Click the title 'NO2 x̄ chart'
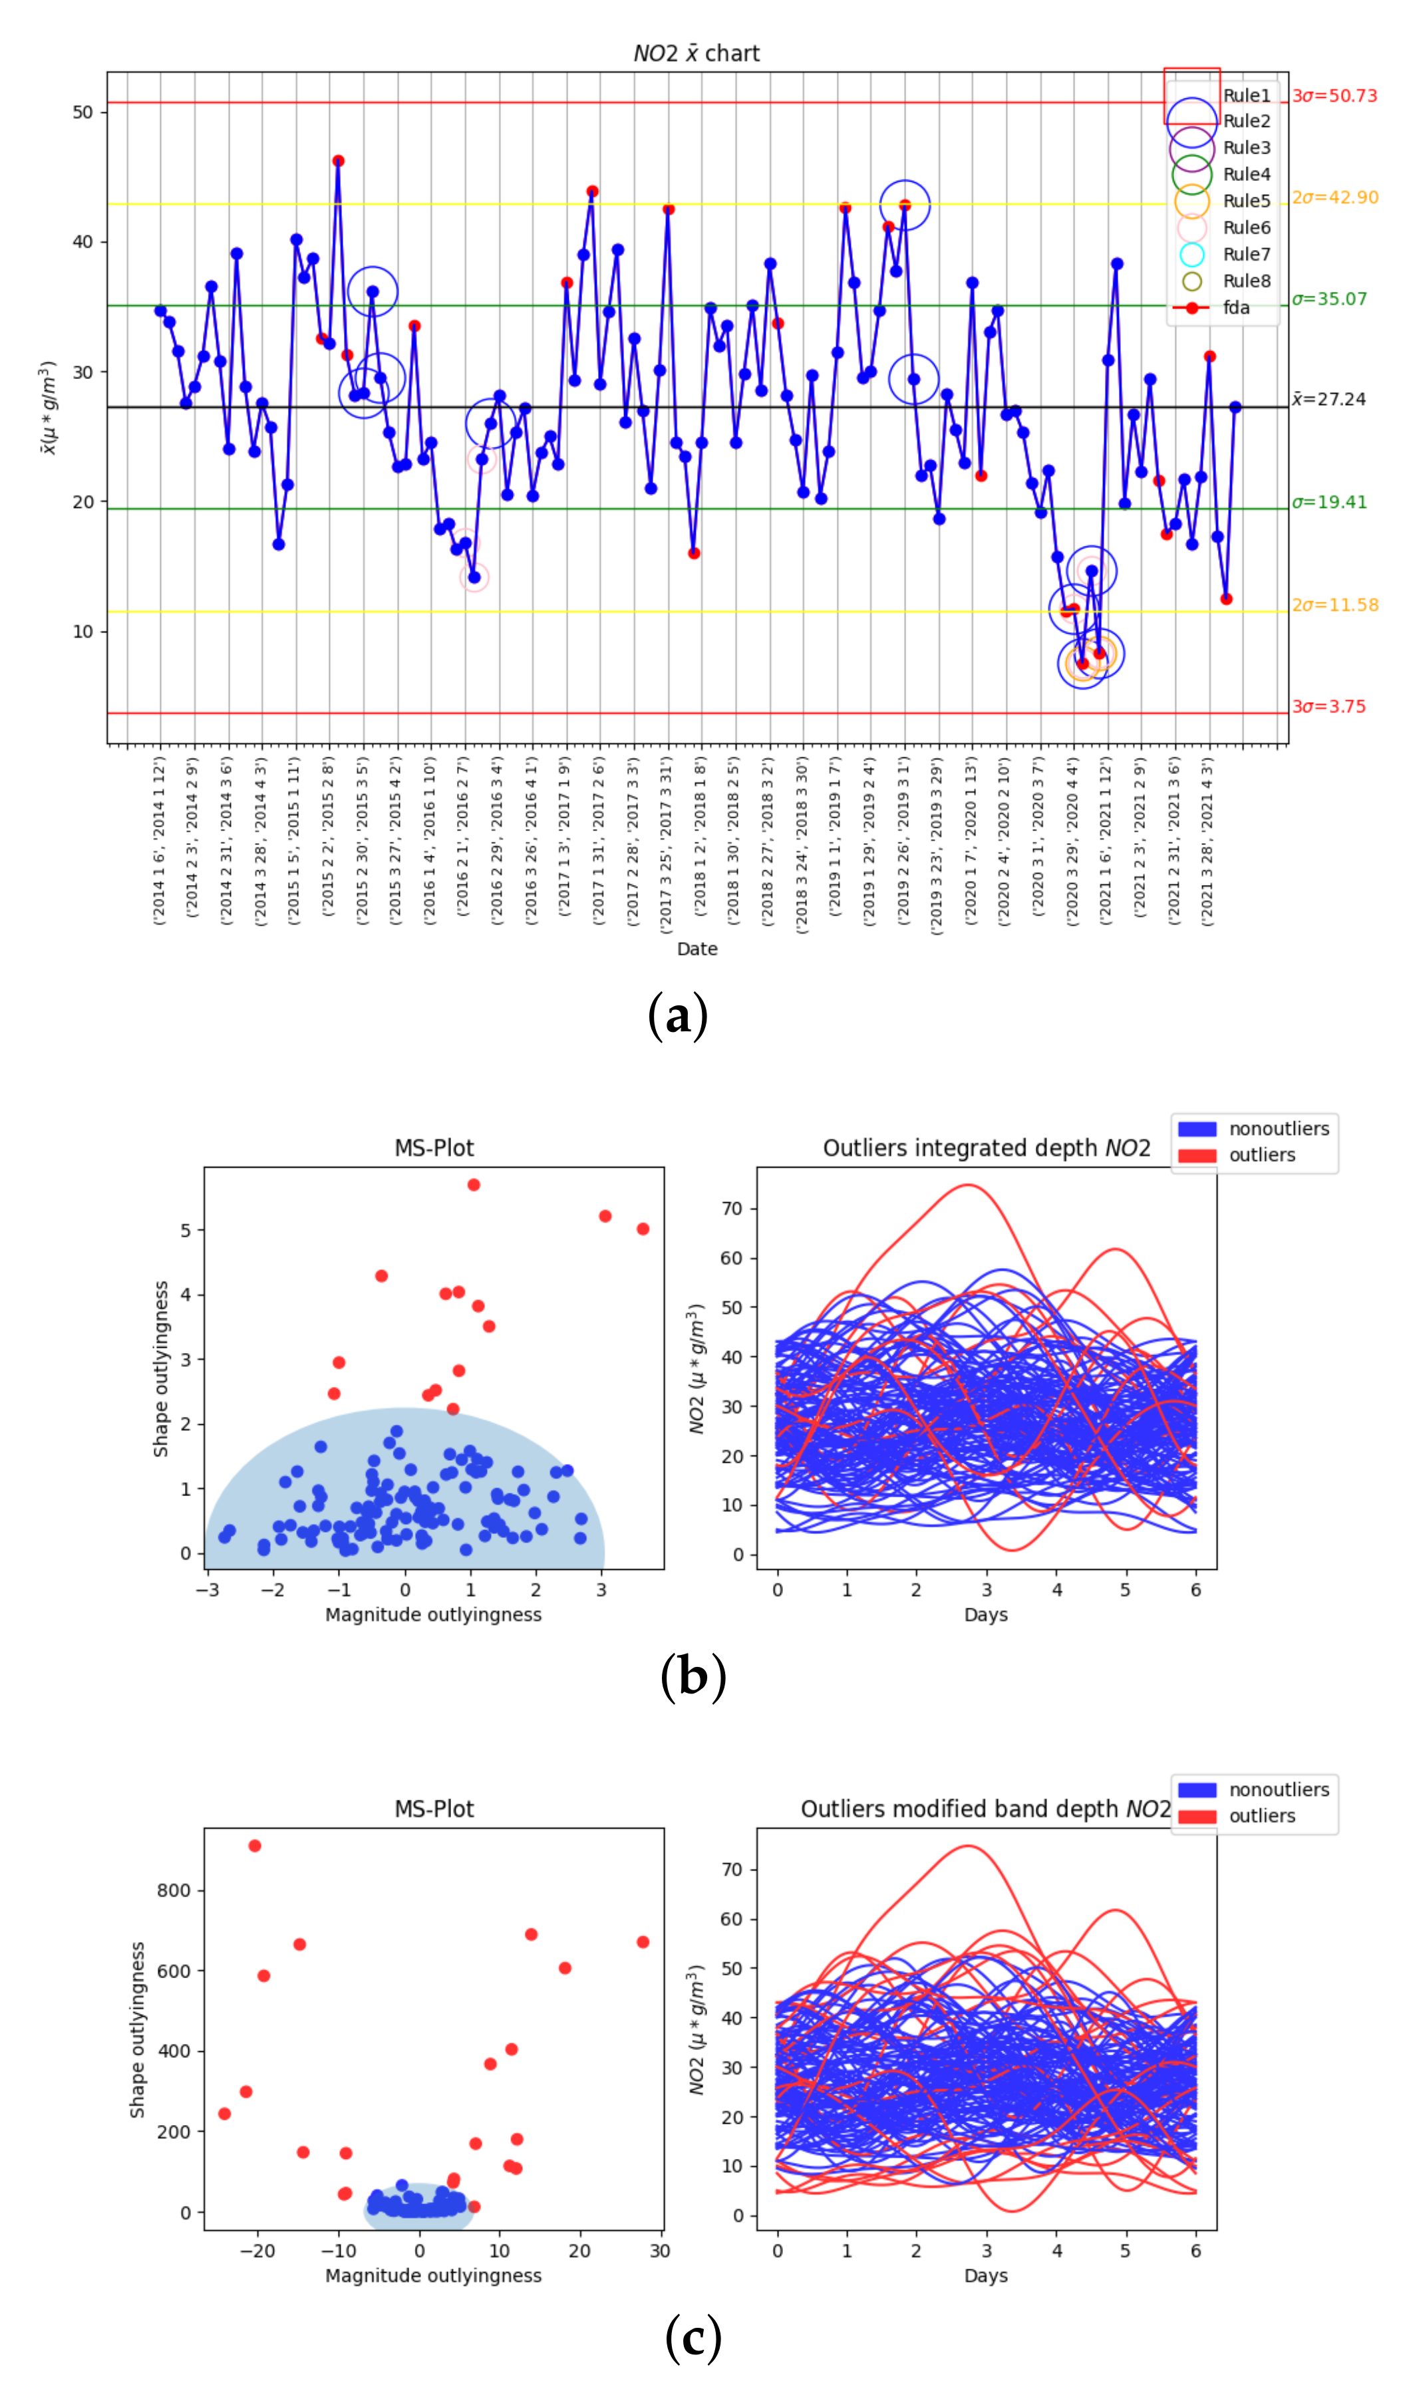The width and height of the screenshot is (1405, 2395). click(x=696, y=53)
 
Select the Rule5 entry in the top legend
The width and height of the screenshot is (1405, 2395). click(x=1245, y=201)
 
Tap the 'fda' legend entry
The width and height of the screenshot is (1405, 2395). click(x=1236, y=308)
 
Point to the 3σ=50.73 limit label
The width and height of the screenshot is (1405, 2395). click(x=1334, y=96)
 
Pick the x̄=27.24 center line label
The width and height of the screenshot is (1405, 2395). click(x=1328, y=399)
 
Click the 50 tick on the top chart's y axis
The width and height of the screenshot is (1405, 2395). click(x=82, y=112)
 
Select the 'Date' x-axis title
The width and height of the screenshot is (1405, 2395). click(x=697, y=949)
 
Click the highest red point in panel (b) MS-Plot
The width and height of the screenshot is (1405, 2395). click(x=474, y=1185)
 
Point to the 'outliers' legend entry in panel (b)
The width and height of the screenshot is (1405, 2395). click(x=1261, y=1156)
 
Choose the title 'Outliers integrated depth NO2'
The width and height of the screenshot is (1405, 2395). click(x=986, y=1148)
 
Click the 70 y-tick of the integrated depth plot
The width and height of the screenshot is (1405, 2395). click(x=732, y=1209)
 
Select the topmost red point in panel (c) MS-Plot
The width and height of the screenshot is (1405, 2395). click(x=255, y=1846)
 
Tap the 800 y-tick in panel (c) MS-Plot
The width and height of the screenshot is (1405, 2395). click(x=173, y=1890)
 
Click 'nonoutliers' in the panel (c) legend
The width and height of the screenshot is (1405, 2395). click(x=1279, y=1789)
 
